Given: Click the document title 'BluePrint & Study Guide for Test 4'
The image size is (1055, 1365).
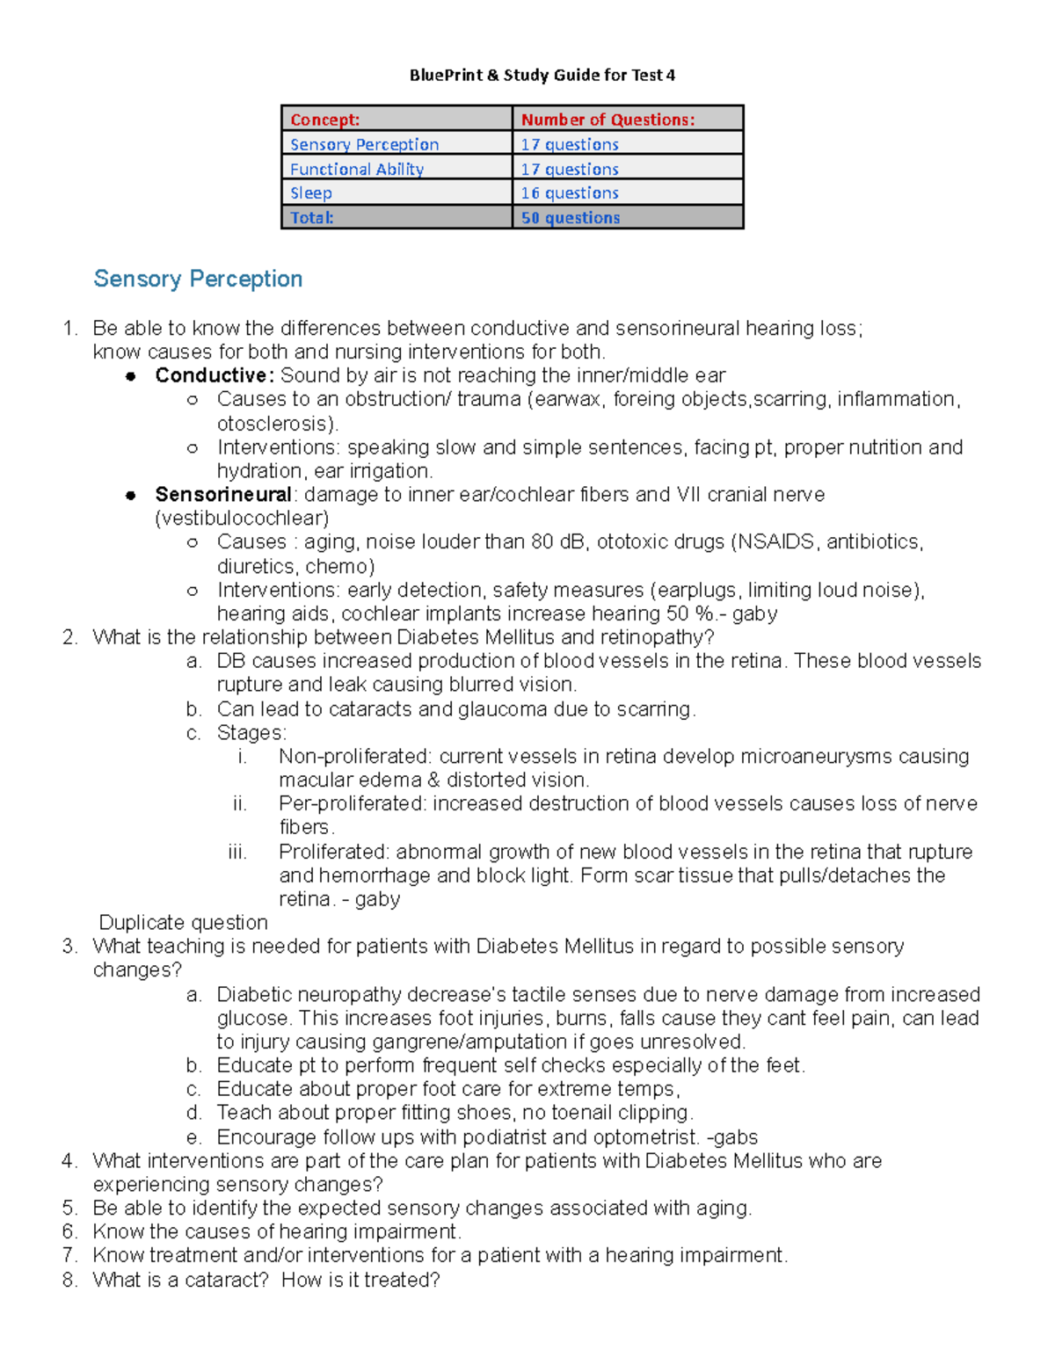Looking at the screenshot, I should tap(542, 75).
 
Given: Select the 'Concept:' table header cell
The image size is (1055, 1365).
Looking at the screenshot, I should tap(324, 120).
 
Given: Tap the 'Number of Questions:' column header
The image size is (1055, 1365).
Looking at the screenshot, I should tap(608, 120).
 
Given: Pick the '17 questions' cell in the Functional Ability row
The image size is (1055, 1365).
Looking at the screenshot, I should tap(570, 169).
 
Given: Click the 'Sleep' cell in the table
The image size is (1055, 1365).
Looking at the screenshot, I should tap(311, 192).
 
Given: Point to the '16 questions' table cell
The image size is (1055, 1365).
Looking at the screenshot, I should tap(570, 192).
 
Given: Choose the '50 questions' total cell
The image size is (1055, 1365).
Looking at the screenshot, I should tap(570, 217).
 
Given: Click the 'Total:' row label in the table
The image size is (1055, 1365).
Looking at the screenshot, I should tap(312, 217).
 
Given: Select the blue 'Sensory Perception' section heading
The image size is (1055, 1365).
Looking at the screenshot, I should tap(198, 279).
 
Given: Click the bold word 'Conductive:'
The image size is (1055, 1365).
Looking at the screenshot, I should tap(215, 375).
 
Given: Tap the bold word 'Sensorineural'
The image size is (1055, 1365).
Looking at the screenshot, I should tap(222, 494).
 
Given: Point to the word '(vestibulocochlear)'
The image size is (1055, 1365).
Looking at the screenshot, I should tap(242, 518).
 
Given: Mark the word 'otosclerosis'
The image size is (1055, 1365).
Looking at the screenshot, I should tap(272, 423).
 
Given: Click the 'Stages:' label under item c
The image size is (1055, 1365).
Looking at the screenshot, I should tap(251, 732).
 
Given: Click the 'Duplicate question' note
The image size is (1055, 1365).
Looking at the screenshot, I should tap(183, 922).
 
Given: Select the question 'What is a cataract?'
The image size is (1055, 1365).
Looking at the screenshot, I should tap(180, 1280).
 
